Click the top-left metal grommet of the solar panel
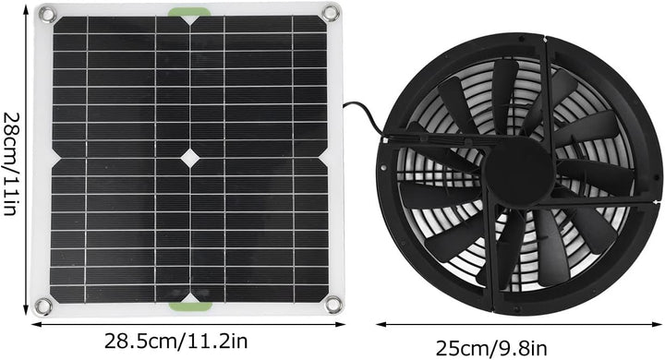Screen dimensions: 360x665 (x=43, y=13)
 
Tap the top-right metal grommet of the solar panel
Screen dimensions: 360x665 (x=330, y=12)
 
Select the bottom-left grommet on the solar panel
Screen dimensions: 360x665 (x=42, y=306)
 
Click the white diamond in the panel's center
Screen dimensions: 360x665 (x=189, y=158)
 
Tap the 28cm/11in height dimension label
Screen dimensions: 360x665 (x=11, y=159)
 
